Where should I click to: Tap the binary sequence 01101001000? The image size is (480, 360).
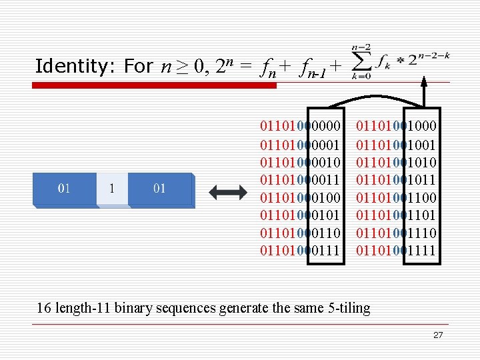click(x=397, y=125)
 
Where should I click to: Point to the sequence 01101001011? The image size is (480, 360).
click(x=397, y=179)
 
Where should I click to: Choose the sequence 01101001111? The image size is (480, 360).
click(x=397, y=251)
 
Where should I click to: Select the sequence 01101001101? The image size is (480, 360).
click(x=397, y=215)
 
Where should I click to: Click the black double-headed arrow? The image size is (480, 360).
click(x=227, y=192)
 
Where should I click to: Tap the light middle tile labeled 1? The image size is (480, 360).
click(x=111, y=189)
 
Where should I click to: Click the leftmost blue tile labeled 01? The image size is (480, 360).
click(x=65, y=189)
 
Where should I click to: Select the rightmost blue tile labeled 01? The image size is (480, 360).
click(x=160, y=189)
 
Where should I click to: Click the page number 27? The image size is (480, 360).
click(x=437, y=335)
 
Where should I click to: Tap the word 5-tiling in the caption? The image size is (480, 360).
click(x=347, y=307)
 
